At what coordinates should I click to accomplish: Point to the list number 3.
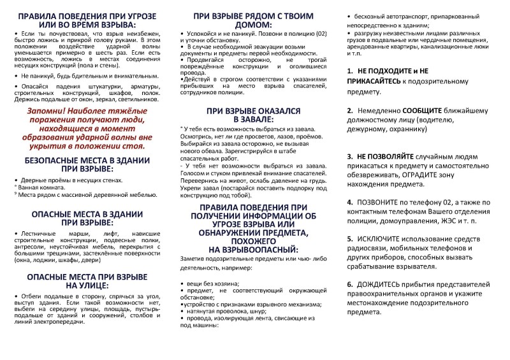point(350,156)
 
